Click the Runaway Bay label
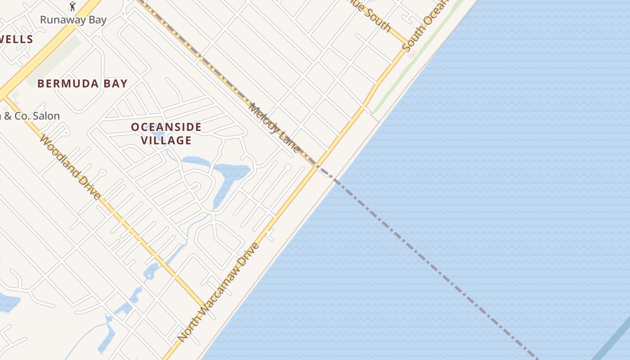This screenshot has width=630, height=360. click(73, 20)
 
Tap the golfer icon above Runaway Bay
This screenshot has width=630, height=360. click(72, 6)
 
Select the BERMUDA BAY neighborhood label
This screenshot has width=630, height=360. click(82, 84)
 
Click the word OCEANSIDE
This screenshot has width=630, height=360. click(166, 127)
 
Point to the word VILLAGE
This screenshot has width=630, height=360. click(166, 140)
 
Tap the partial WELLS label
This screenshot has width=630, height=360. click(16, 39)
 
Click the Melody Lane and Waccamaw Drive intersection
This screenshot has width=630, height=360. click(315, 165)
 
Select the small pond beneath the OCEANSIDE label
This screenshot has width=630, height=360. click(157, 134)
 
